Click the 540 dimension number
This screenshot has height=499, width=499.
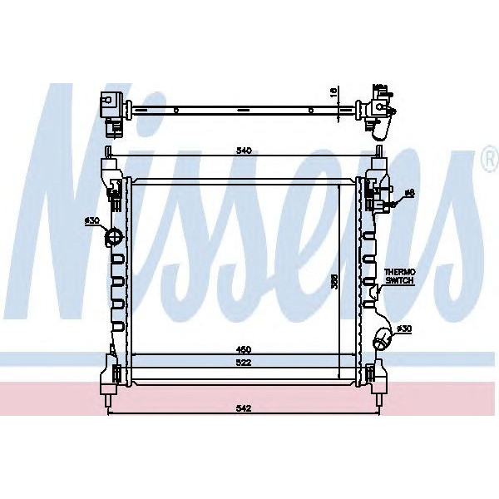[x=244, y=151]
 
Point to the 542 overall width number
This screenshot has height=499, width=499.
[x=244, y=409]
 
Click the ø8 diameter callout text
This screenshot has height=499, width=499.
[x=408, y=194]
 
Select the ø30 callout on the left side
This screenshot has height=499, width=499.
[x=91, y=220]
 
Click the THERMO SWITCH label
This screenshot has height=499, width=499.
[x=399, y=277]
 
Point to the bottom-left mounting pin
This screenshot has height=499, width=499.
[x=107, y=403]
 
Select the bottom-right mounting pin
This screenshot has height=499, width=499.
[x=378, y=403]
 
